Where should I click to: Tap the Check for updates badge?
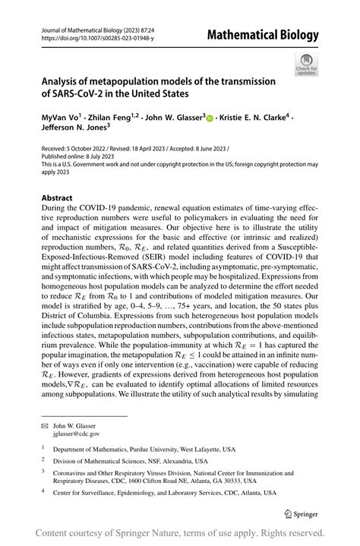[308, 65]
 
